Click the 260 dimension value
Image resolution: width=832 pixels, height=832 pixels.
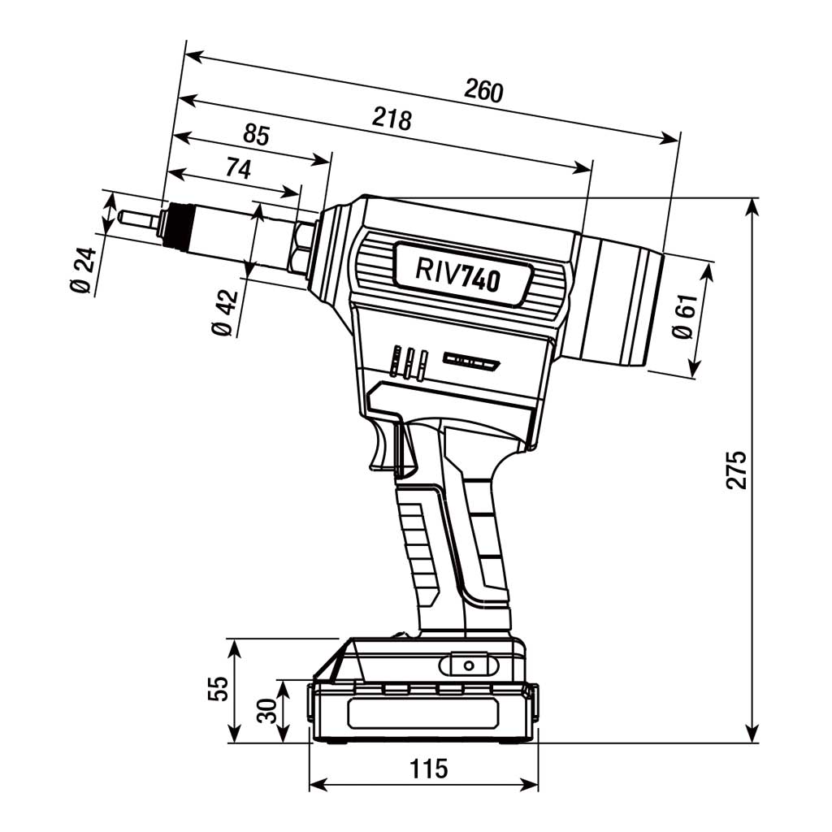[x=483, y=91]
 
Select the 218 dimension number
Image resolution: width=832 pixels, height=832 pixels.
[x=392, y=119]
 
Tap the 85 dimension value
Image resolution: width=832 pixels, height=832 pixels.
[x=256, y=135]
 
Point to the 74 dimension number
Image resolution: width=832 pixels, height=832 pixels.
[x=237, y=168]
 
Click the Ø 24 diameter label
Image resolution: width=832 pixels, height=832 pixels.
[x=84, y=271]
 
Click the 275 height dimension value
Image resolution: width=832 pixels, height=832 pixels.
[x=736, y=469]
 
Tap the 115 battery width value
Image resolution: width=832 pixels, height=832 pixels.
[x=427, y=768]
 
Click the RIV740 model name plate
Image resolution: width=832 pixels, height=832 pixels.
[x=458, y=273]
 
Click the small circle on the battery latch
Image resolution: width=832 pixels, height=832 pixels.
[x=468, y=665]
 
